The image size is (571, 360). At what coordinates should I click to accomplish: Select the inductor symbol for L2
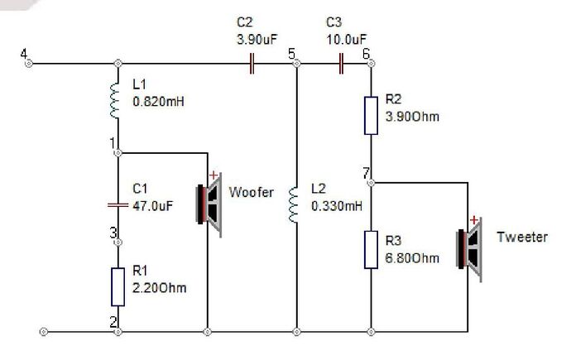coord(294,204)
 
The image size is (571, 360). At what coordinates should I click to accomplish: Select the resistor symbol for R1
coord(118,286)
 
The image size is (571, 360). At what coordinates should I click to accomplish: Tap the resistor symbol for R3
coord(371,249)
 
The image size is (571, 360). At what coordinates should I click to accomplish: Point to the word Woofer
coord(251,193)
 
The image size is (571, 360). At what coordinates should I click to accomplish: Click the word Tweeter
coord(521,238)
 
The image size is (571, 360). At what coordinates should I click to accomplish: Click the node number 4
coord(24,55)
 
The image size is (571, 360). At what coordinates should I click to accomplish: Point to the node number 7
coord(365,172)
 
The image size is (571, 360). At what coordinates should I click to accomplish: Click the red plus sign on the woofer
coord(214,175)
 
